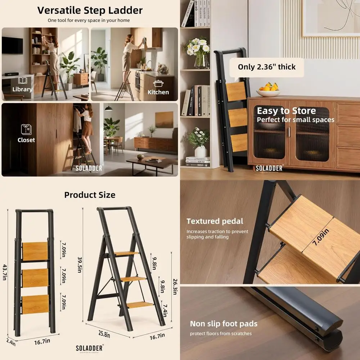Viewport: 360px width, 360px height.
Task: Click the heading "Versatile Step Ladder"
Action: point(90,10)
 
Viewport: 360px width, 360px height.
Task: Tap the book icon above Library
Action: point(22,81)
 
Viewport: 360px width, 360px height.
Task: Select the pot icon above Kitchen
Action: point(158,84)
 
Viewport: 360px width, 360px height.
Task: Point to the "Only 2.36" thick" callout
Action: point(266,67)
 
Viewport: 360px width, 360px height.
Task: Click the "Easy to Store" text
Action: point(286,111)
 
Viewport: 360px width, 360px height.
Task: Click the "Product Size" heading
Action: point(90,195)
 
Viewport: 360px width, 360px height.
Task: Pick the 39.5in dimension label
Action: point(81,265)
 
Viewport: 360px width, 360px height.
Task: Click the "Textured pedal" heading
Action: point(215,221)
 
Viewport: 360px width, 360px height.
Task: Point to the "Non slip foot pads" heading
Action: point(224,324)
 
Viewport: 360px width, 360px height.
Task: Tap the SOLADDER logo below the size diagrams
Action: point(89,348)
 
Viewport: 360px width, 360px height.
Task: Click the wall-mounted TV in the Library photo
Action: point(12,45)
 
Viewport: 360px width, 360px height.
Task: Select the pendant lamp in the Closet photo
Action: point(108,108)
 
